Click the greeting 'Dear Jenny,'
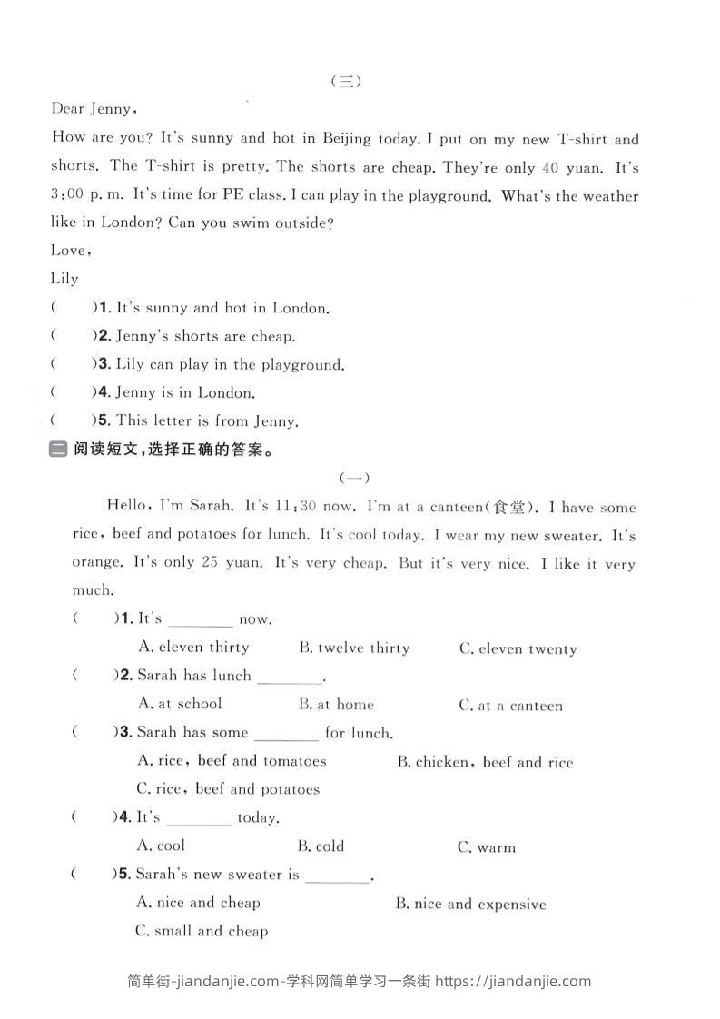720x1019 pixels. pos(94,109)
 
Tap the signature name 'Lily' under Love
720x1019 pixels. pos(64,279)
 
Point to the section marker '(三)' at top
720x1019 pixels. pos(347,81)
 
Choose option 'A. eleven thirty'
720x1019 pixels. pos(192,648)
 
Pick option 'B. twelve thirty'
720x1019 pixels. pos(354,648)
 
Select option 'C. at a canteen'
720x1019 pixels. pos(510,706)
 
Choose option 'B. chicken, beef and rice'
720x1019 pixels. pos(485,763)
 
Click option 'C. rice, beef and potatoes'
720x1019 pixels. pos(228,789)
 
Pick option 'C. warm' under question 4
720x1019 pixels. pos(487,847)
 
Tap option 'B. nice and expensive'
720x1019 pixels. pos(471,905)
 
